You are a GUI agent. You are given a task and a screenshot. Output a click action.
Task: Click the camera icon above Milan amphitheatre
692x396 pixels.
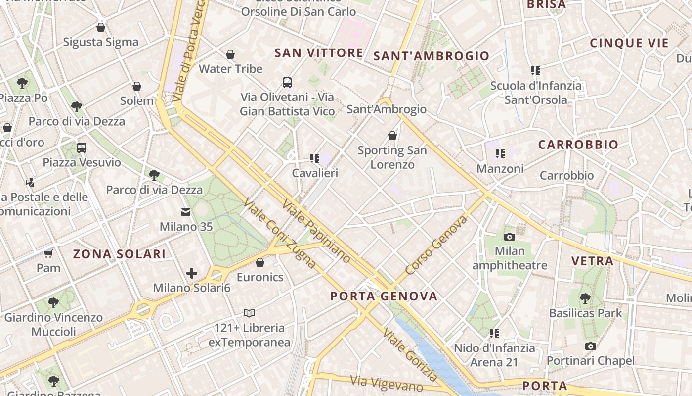click(x=510, y=237)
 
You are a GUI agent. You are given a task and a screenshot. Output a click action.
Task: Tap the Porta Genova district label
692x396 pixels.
click(x=384, y=297)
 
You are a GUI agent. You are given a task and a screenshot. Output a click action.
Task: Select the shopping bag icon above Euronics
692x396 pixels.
click(x=260, y=262)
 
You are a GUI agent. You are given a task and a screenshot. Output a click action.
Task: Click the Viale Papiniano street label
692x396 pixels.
click(x=316, y=231)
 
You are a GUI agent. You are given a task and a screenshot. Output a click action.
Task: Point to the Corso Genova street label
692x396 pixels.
click(x=436, y=245)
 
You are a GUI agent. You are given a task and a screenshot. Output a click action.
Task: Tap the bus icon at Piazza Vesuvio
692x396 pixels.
click(x=82, y=148)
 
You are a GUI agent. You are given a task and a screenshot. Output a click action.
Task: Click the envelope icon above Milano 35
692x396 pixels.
click(x=186, y=212)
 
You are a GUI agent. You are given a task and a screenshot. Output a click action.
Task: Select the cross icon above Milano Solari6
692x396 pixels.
click(x=192, y=273)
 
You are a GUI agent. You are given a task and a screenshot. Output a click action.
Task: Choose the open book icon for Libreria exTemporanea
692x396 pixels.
click(x=249, y=313)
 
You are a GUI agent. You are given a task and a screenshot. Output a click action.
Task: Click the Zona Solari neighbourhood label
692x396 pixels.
click(x=119, y=254)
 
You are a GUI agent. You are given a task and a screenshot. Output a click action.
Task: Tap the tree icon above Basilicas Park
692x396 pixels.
click(x=585, y=298)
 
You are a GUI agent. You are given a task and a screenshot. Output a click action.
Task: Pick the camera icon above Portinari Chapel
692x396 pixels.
click(x=590, y=346)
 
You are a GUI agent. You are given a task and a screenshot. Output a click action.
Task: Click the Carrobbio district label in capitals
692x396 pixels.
click(x=578, y=145)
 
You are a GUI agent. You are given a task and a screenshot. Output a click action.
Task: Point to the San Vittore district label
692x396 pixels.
click(x=319, y=53)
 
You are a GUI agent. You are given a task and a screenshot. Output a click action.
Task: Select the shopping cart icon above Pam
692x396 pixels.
click(x=48, y=254)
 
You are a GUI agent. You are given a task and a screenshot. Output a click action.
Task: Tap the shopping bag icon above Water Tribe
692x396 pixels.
click(x=230, y=54)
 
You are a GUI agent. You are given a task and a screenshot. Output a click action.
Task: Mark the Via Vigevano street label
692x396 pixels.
click(x=387, y=383)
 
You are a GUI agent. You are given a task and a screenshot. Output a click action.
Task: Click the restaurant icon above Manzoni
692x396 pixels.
click(x=500, y=154)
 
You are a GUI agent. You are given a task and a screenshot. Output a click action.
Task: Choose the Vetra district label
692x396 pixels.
click(x=592, y=261)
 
